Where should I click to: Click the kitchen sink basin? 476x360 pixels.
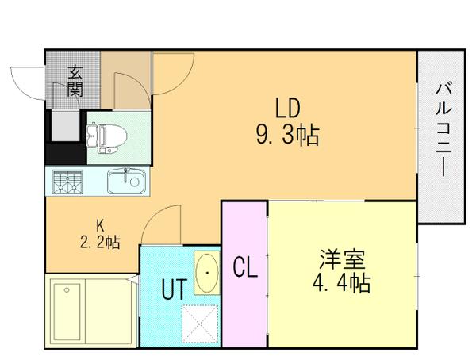(x=125, y=182)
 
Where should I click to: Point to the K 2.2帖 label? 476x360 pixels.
(x=99, y=235)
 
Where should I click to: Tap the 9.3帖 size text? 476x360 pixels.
(x=286, y=136)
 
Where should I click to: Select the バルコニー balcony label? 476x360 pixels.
(x=441, y=135)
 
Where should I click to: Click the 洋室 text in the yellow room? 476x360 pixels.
(x=342, y=259)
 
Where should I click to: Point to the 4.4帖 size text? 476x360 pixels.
(x=342, y=282)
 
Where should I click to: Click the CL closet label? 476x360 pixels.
(x=244, y=269)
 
